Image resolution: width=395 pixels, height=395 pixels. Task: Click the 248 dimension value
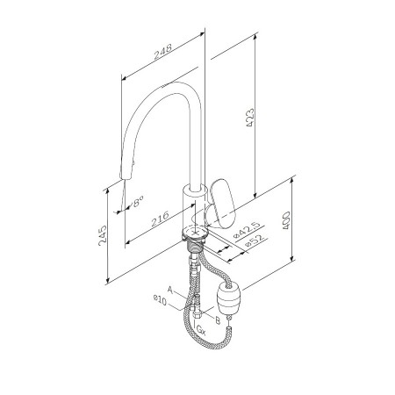pyautogui.click(x=163, y=52)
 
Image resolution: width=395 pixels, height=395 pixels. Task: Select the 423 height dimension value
pyautogui.click(x=249, y=118)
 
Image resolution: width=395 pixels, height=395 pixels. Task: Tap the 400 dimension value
pyautogui.click(x=286, y=220)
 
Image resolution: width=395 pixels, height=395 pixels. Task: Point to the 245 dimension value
pyautogui.click(x=103, y=235)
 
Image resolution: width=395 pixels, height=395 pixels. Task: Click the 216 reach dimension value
pyautogui.click(x=160, y=219)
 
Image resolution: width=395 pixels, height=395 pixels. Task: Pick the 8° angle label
pyautogui.click(x=138, y=202)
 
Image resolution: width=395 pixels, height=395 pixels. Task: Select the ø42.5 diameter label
pyautogui.click(x=248, y=230)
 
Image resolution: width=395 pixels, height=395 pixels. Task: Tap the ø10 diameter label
pyautogui.click(x=160, y=300)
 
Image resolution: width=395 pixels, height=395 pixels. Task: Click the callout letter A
pyautogui.click(x=170, y=290)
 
